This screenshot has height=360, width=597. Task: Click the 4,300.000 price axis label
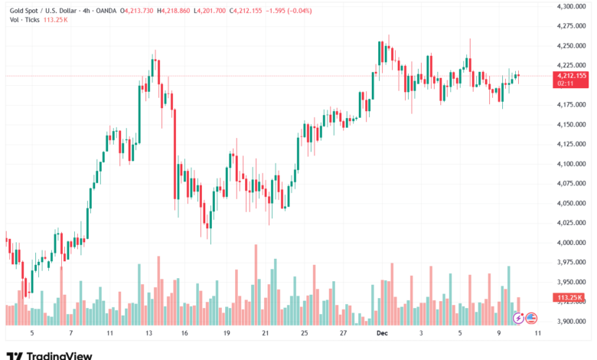coord(569,6)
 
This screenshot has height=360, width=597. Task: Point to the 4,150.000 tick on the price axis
coord(569,124)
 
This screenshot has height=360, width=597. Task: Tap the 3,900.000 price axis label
coord(569,322)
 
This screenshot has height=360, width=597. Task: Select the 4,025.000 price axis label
coord(569,223)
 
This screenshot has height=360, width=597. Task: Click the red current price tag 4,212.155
coord(571,76)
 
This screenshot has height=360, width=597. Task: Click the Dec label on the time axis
coord(383,333)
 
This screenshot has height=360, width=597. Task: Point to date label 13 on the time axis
coord(148,333)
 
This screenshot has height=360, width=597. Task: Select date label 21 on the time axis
coord(265,333)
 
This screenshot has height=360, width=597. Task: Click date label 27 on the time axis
coord(344,333)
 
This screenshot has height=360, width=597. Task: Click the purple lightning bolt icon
coord(518,317)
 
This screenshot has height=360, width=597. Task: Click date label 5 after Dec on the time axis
coord(461,333)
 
